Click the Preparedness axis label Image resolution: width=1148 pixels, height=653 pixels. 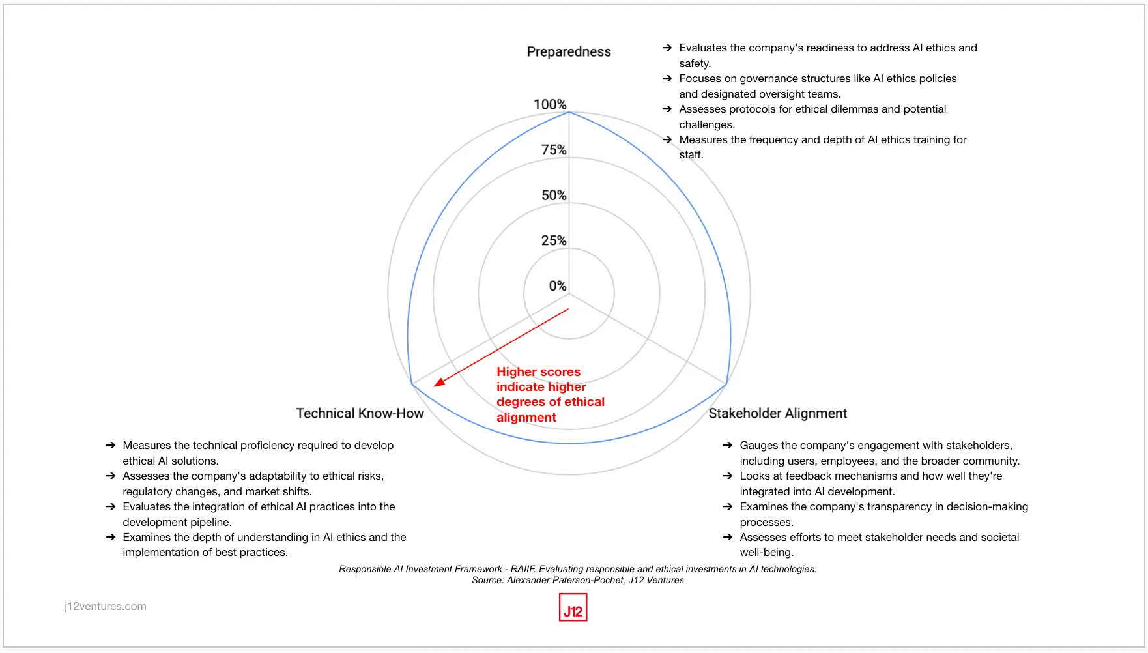(569, 52)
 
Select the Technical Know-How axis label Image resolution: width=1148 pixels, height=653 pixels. (360, 413)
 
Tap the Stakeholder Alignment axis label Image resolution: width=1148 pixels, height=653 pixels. (777, 413)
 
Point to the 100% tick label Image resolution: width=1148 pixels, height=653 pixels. (550, 104)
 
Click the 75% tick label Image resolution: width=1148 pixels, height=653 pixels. (554, 150)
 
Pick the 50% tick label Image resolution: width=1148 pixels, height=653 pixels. (554, 195)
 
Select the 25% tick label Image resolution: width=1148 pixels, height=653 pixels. (554, 240)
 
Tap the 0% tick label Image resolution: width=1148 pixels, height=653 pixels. (558, 285)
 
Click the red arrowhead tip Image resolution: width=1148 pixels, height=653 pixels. (435, 386)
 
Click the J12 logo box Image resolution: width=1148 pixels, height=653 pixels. (573, 607)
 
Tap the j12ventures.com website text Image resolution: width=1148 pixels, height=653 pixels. (106, 606)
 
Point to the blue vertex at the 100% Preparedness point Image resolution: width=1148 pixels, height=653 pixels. (569, 113)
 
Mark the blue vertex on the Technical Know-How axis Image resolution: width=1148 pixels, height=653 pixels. (412, 385)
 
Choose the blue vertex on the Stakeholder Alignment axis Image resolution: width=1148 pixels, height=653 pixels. (726, 385)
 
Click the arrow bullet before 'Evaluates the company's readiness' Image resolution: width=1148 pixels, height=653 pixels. (667, 48)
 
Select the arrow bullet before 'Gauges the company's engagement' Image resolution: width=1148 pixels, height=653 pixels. (727, 445)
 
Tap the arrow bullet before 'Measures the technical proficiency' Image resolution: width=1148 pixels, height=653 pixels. (110, 445)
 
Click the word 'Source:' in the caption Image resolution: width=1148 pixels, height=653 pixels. (488, 580)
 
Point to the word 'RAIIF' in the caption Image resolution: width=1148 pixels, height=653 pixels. (523, 569)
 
